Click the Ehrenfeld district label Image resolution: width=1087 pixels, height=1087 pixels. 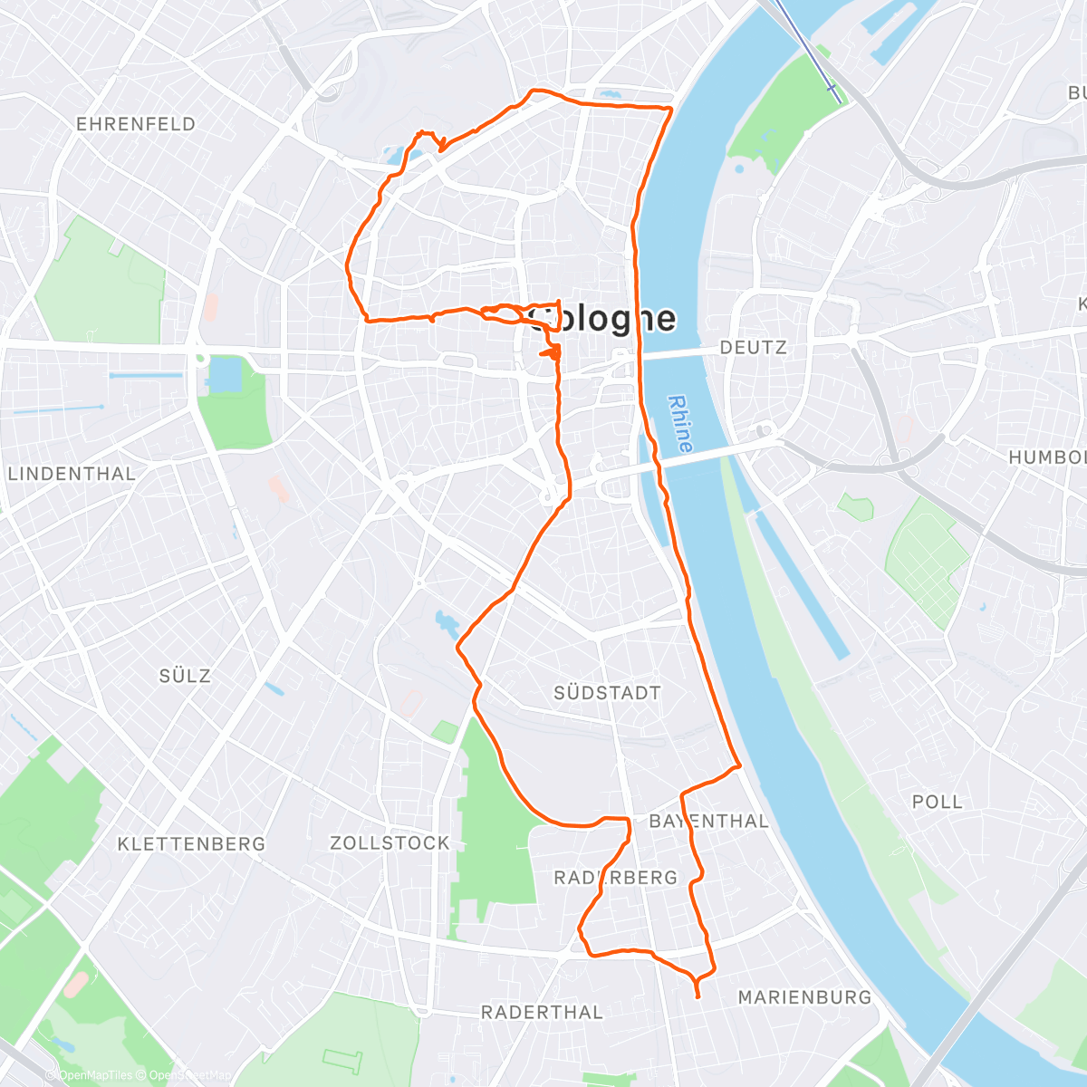pos(136,124)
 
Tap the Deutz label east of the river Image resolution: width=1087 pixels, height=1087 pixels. pos(753,347)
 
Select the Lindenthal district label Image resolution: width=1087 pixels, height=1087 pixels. pos(72,474)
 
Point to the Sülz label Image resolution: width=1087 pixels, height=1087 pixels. pos(185,676)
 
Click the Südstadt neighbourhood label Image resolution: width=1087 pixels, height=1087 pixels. pos(607,693)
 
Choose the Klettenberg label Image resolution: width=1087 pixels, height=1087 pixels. pos(191,844)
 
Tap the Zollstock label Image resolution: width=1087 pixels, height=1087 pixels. pos(390,843)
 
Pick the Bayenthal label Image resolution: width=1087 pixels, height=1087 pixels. pos(709,822)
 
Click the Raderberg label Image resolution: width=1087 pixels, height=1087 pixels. pos(615,878)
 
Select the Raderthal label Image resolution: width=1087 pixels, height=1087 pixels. pos(542,1013)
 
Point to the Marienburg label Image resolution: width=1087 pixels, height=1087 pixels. pos(804,997)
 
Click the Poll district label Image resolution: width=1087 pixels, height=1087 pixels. pos(938,802)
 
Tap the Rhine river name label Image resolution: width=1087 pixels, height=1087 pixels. pos(679,424)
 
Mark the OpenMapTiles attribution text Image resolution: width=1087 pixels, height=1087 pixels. pos(95,1075)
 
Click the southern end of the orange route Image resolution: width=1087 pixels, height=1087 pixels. pos(697,996)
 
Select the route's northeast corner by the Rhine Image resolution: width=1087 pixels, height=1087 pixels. pos(670,109)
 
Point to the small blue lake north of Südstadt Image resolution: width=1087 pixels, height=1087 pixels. pos(447,622)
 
